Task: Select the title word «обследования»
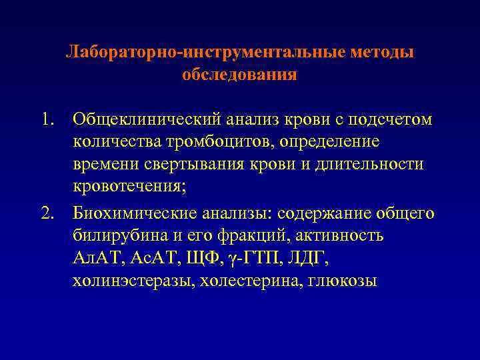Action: (239, 74)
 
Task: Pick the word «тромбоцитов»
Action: (227, 142)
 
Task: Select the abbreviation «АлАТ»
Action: (95, 259)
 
